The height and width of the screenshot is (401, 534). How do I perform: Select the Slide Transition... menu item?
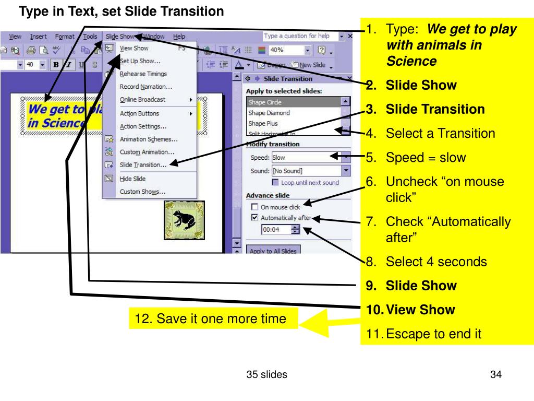click(x=143, y=165)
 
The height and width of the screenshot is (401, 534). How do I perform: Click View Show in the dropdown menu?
click(x=134, y=49)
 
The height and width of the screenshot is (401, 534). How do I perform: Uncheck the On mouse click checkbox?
click(x=255, y=207)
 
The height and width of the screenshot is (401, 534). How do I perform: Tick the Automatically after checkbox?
click(x=255, y=218)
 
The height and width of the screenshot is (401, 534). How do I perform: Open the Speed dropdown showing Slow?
click(x=346, y=157)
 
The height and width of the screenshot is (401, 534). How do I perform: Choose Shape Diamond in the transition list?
click(x=269, y=113)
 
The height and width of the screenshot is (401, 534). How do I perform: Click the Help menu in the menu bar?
click(x=179, y=37)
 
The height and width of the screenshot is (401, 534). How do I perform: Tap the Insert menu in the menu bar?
click(x=38, y=37)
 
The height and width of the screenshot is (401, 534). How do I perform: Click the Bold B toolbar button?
click(x=55, y=65)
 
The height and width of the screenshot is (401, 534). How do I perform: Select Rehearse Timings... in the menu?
click(x=143, y=74)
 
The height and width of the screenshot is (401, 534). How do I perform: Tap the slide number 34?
click(x=495, y=374)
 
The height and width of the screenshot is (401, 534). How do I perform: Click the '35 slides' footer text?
click(x=267, y=374)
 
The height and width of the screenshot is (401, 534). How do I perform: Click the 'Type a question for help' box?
click(x=299, y=36)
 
